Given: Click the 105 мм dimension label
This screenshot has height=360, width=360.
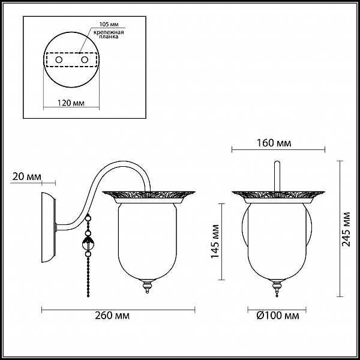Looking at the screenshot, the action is pos(109,25).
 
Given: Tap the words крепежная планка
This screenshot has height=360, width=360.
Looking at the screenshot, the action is pos(109,34).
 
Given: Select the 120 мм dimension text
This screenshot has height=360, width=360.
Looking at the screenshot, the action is pos(71,103).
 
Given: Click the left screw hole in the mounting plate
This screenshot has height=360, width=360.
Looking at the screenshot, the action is pos(59,60).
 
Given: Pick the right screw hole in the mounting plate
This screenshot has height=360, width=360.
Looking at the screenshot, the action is pos(85,60).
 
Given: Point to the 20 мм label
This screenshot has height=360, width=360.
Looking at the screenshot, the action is pos(27,177).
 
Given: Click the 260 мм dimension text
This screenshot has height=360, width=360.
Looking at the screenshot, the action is pos(112,316).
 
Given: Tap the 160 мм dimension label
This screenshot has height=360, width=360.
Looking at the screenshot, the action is pos(274,143).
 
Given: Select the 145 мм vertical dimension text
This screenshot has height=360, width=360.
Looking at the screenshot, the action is pos(215,241).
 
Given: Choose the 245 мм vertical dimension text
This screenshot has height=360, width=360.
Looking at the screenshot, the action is pos(346,229).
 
